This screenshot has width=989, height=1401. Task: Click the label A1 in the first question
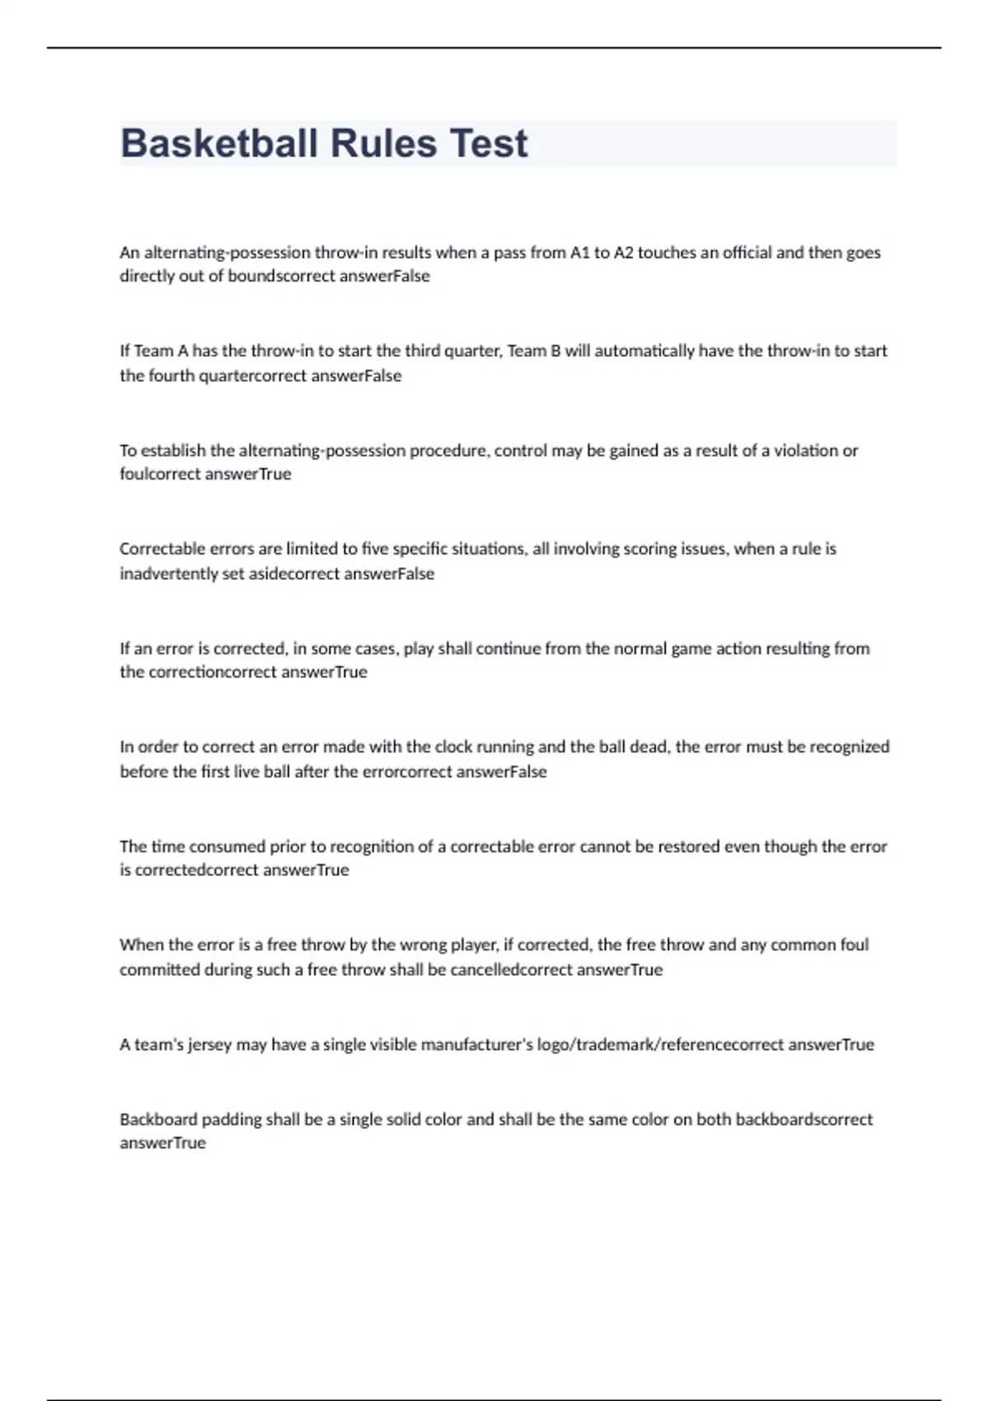tap(579, 253)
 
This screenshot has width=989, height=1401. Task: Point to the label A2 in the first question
tap(624, 253)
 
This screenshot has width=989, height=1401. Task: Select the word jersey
tap(210, 1045)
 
